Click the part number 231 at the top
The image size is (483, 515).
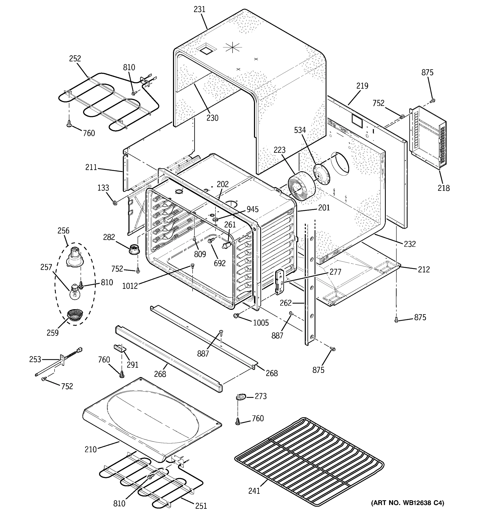199,9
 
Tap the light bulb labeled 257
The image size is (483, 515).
74,291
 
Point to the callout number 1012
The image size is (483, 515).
130,286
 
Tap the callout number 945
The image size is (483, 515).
252,209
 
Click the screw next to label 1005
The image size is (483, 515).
236,315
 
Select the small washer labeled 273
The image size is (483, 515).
240,397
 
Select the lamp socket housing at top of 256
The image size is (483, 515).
75,256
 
